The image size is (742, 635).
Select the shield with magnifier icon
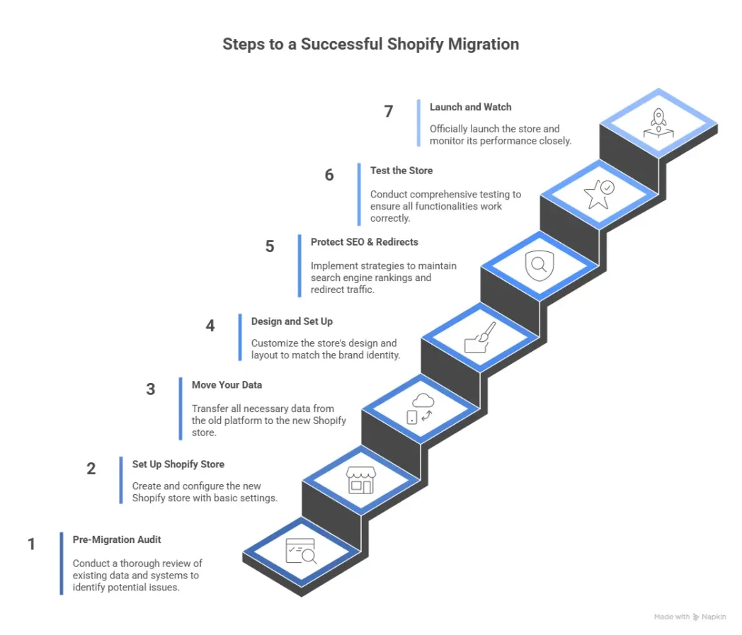tap(540, 266)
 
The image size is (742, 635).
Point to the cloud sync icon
tap(421, 408)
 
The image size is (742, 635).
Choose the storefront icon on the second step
tap(360, 479)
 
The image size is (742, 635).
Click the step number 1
tap(31, 544)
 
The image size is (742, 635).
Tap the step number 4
tap(210, 326)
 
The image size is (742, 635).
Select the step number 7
tap(389, 112)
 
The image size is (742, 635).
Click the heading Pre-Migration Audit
tap(117, 539)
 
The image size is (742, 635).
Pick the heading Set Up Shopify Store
tap(178, 464)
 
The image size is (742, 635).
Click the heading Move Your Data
tap(227, 385)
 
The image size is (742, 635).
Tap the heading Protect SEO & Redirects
tap(364, 242)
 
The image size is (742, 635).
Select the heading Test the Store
tap(401, 171)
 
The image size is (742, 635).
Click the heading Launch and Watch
tap(470, 107)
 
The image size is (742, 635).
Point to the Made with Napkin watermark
tap(690, 617)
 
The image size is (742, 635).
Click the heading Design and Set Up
tap(292, 321)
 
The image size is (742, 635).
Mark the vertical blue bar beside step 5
tap(299, 265)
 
